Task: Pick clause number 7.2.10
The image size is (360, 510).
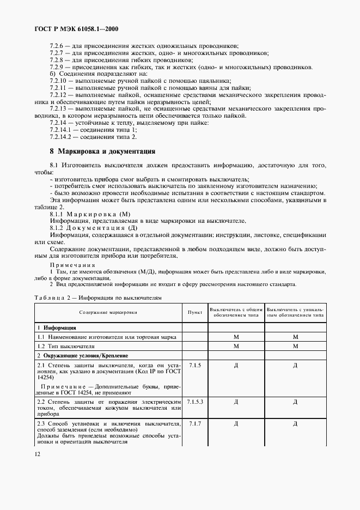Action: tap(59, 81)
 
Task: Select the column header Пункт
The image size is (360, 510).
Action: tap(194, 313)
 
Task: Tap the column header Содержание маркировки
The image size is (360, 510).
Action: tap(108, 313)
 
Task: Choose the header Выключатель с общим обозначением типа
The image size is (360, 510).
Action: tap(236, 312)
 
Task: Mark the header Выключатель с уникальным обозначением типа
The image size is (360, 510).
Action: tap(295, 312)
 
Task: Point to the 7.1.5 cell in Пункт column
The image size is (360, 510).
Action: tap(194, 365)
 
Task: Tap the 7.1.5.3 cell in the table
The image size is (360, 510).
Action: tap(194, 402)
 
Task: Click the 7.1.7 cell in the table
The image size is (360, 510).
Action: tap(194, 423)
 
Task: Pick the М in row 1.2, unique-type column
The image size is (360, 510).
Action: tap(295, 346)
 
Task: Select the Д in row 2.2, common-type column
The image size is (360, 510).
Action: tap(236, 402)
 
